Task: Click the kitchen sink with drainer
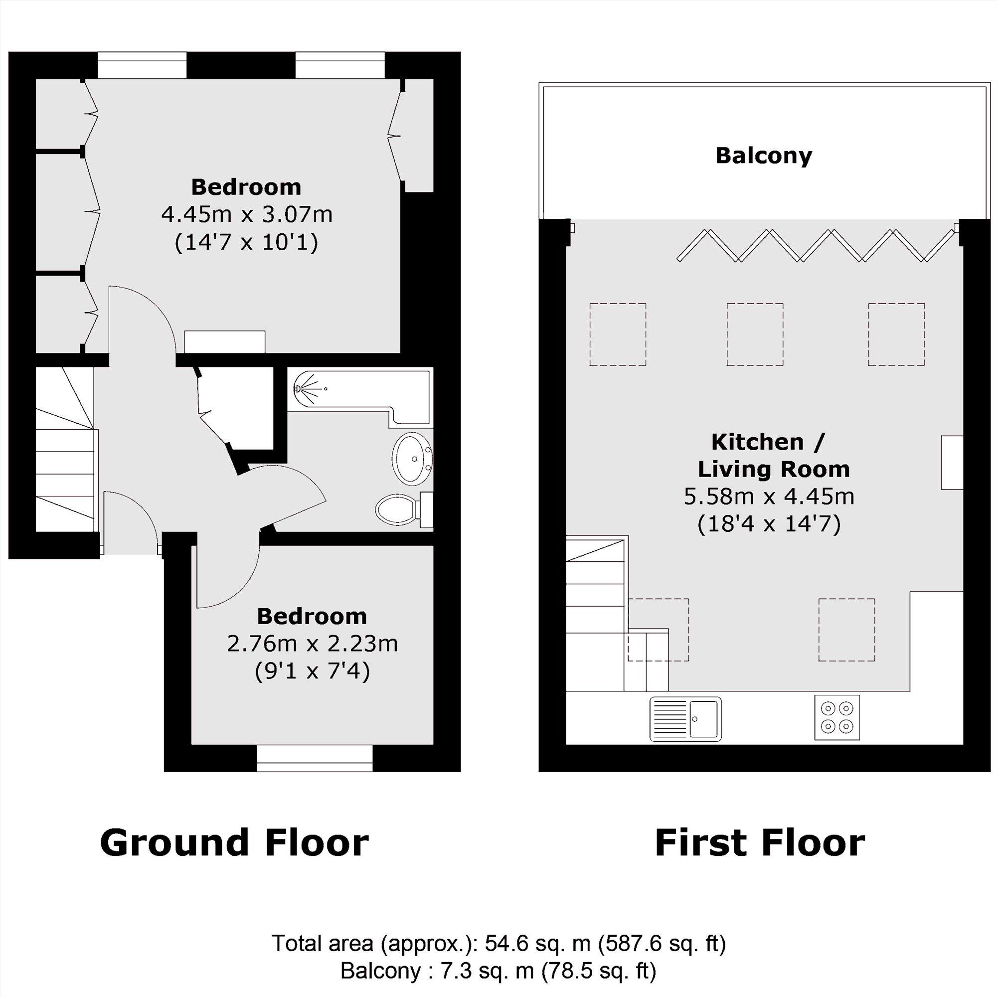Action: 685,719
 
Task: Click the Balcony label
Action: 763,156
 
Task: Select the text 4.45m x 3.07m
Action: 247,214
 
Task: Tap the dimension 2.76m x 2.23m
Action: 312,644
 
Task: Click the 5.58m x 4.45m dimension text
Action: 769,497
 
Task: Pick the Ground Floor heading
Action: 234,843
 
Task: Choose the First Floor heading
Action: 760,843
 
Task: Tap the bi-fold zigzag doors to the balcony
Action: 816,245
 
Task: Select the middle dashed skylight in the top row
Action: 754,334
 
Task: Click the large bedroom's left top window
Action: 142,65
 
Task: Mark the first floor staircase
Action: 596,614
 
